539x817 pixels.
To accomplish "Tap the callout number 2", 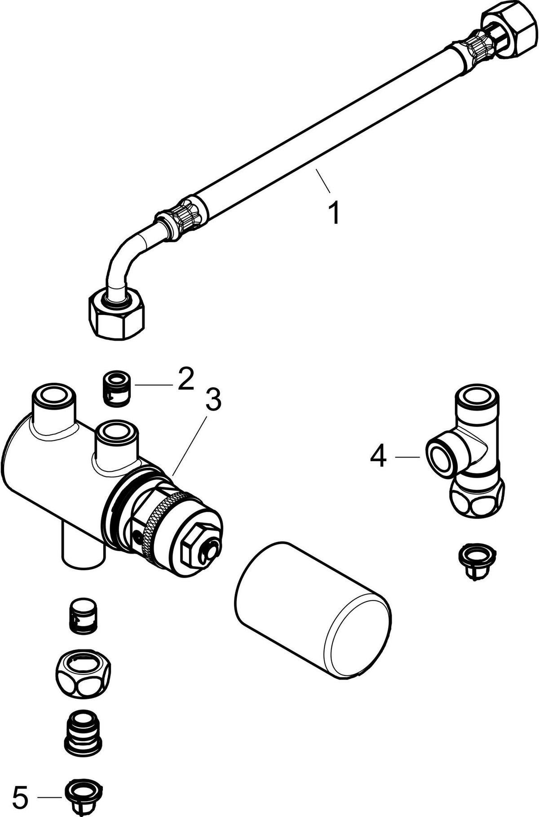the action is (185, 380).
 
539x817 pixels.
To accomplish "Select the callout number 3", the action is (213, 400).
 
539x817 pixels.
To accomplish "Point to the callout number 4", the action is (378, 457).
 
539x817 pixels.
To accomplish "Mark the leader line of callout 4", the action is (407, 457).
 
